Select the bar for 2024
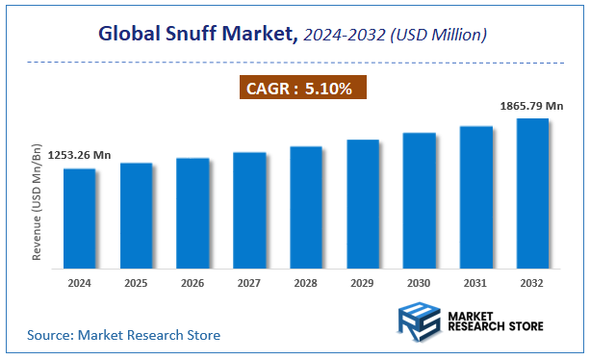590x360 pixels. click(80, 218)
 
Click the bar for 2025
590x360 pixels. click(136, 215)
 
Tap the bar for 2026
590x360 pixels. click(192, 212)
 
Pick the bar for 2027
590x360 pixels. click(249, 209)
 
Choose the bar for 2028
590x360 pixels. click(306, 206)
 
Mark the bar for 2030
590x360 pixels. click(420, 199)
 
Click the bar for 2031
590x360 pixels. click(476, 196)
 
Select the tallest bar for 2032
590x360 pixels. click(532, 193)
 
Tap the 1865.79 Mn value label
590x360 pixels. click(530, 106)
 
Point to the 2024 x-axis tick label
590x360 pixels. click(80, 283)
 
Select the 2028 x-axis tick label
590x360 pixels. click(306, 283)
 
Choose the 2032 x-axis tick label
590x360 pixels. click(532, 283)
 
